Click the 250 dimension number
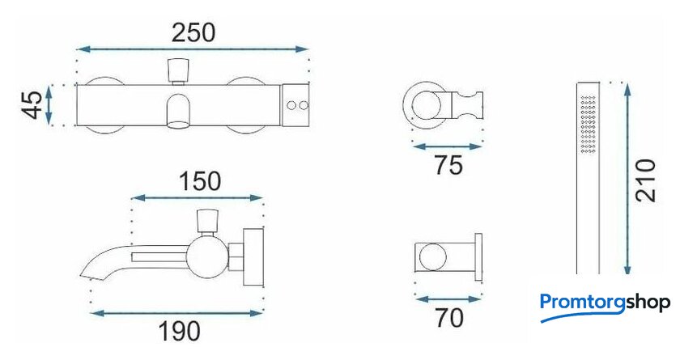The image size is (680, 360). (193, 33)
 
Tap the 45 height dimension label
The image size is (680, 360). (33, 105)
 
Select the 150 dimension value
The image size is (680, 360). (200, 181)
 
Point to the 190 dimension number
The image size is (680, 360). (180, 332)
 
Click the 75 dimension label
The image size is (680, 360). (448, 165)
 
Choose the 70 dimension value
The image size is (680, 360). (449, 318)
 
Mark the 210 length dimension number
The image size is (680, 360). (646, 180)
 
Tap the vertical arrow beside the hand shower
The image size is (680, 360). (627, 178)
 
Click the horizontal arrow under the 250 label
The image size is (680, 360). (192, 49)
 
